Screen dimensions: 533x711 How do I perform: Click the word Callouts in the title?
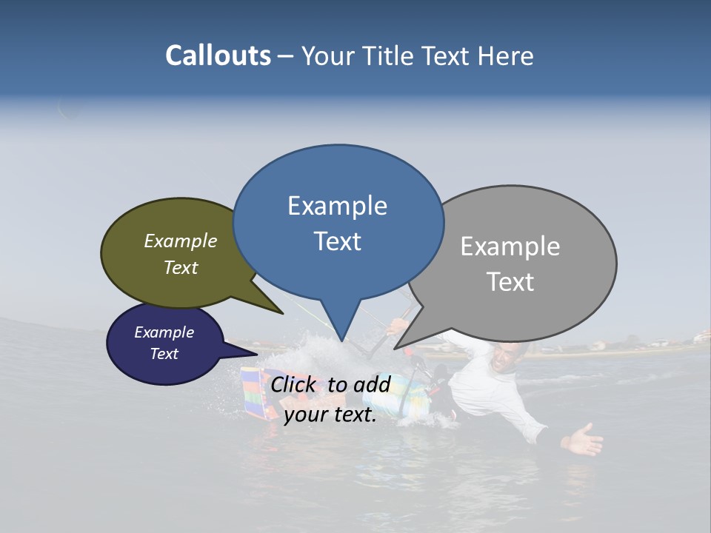218,56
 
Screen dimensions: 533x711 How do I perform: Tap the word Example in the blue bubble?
337,206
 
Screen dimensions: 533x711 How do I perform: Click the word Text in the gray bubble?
510,281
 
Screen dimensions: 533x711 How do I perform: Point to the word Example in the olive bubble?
181,241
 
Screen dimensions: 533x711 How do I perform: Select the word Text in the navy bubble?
164,354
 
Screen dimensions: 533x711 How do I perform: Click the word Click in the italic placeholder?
294,384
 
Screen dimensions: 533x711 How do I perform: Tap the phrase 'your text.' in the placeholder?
330,415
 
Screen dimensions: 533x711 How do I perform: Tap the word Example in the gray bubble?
510,247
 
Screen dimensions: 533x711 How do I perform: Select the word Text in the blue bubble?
337,241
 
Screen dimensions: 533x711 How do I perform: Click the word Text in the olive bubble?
181,267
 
